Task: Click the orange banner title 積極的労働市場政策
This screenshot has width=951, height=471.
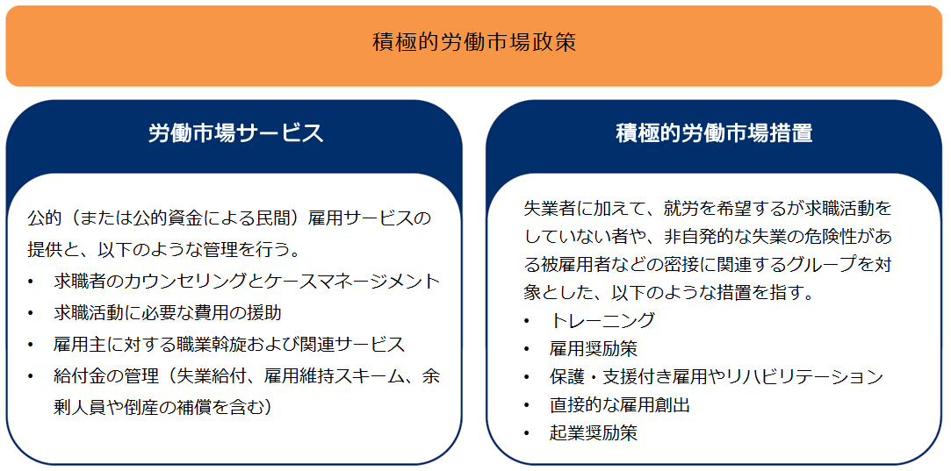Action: tap(473, 44)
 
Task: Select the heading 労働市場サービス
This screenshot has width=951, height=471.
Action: tap(236, 133)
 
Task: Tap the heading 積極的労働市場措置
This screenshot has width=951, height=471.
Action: tap(714, 133)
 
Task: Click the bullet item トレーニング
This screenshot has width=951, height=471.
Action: tap(602, 320)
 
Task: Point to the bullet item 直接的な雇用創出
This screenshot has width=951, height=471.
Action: tap(620, 405)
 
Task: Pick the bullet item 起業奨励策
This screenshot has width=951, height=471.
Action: tap(593, 433)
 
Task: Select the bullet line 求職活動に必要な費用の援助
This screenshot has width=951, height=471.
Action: tap(168, 313)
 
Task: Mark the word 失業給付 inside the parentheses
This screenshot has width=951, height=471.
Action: tap(220, 375)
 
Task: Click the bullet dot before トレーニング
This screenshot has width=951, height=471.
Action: tap(528, 321)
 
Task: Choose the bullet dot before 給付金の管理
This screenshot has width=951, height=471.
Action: tap(32, 376)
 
